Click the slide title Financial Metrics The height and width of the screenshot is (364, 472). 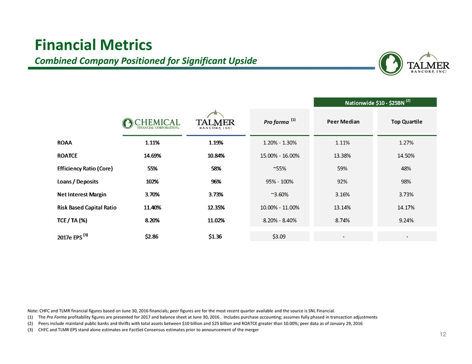(x=93, y=45)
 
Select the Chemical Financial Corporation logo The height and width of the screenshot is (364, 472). (x=151, y=123)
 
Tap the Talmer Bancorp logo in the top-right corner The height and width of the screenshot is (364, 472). (x=414, y=63)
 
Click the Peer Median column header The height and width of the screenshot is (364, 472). (x=343, y=122)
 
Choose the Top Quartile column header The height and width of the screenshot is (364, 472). (x=407, y=122)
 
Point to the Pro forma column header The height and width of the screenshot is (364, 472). (x=280, y=121)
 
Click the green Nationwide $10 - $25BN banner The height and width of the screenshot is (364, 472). (x=375, y=102)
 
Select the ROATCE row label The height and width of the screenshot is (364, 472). (x=67, y=155)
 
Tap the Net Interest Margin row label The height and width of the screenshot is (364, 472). (x=82, y=195)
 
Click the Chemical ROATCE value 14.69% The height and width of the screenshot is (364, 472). (x=152, y=155)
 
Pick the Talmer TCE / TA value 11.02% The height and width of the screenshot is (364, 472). (x=216, y=220)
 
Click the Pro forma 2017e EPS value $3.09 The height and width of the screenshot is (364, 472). (x=279, y=236)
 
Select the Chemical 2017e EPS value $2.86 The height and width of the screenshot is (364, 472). (x=152, y=236)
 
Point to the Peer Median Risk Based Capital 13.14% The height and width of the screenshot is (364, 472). (x=342, y=208)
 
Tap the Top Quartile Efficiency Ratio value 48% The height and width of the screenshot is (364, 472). (x=406, y=169)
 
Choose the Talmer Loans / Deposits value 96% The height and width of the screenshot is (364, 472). (x=216, y=182)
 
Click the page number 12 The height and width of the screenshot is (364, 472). (x=443, y=334)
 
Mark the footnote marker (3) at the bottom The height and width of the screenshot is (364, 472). (x=30, y=330)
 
